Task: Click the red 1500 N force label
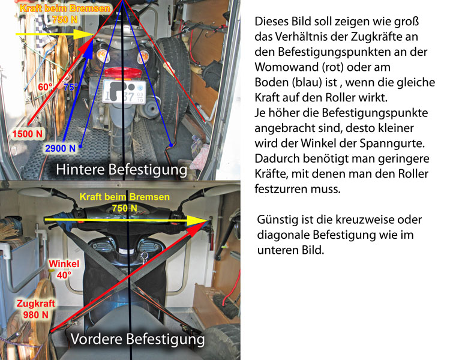pyautogui.click(x=27, y=134)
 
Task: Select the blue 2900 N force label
pyautogui.click(x=60, y=148)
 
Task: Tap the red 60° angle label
pyautogui.click(x=45, y=86)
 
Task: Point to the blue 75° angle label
pyautogui.click(x=71, y=87)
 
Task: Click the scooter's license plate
pyautogui.click(x=124, y=92)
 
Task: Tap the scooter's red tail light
pyautogui.click(x=123, y=73)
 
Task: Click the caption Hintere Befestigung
pyautogui.click(x=121, y=169)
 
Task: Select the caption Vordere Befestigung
pyautogui.click(x=138, y=339)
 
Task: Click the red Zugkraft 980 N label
pyautogui.click(x=35, y=309)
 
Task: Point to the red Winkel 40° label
pyautogui.click(x=64, y=269)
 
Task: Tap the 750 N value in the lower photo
pyautogui.click(x=125, y=208)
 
